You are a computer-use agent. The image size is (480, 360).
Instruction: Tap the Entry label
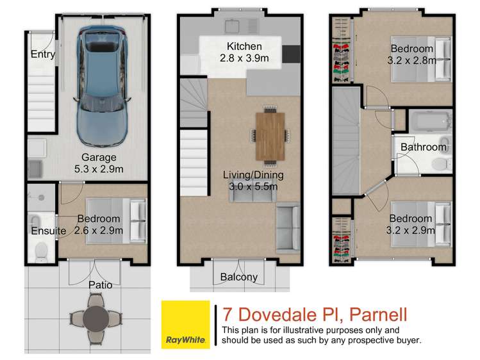pos(42,54)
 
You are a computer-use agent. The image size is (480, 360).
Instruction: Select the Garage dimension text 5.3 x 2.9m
pos(98,168)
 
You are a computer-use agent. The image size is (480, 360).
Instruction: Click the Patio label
pos(99,284)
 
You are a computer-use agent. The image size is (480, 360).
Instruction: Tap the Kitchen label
pos(244,46)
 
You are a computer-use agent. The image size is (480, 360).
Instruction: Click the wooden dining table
pos(269,135)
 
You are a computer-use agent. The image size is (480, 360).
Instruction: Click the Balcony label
pos(238,277)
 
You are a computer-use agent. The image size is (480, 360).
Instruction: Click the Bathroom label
pos(424,147)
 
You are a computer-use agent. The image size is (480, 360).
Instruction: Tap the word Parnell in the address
pos(374,315)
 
